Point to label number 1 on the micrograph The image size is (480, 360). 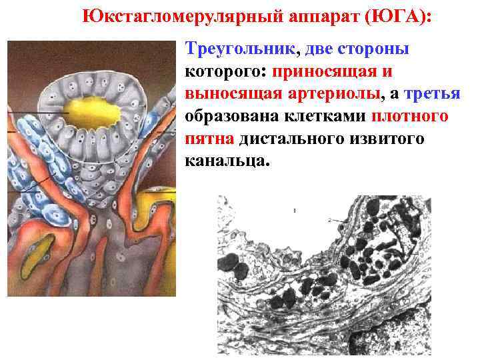[x=294, y=210]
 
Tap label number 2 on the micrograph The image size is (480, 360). [x=329, y=219]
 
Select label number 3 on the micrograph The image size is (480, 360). [x=421, y=255]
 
